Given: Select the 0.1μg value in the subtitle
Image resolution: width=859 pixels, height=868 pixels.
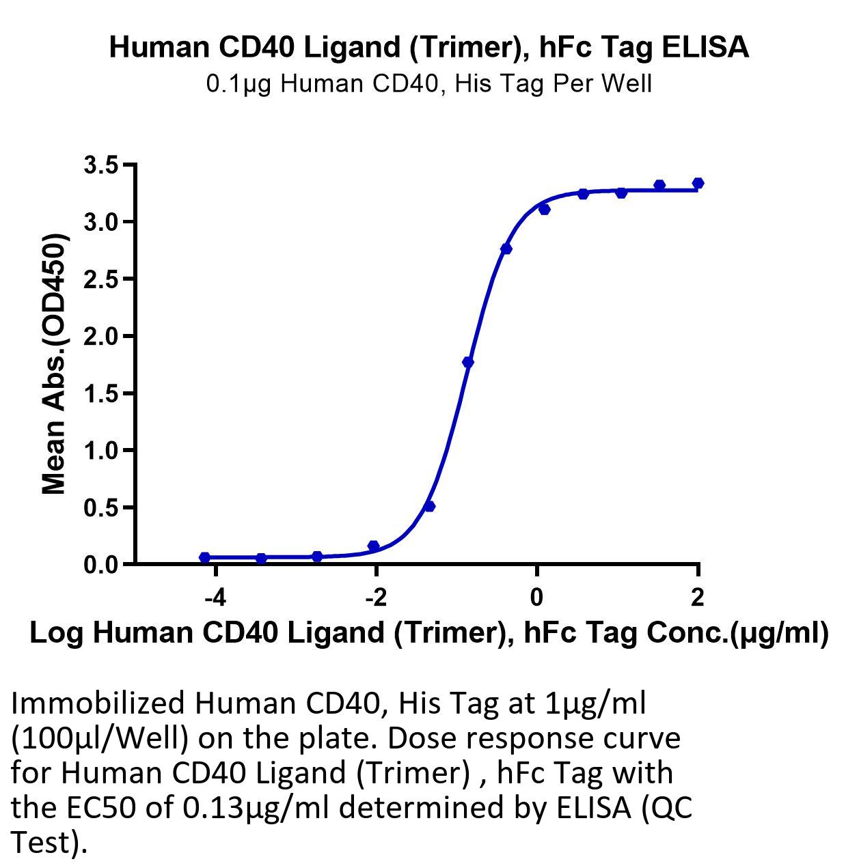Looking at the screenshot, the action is coord(238,84).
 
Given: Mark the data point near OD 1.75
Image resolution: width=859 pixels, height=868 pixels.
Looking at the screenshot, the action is coord(468,362).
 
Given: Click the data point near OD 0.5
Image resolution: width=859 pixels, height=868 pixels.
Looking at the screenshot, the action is coord(430,506).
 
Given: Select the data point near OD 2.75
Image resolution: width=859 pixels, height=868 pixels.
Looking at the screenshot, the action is coord(506,249).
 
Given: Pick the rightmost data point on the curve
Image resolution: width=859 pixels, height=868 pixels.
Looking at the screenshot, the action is coord(698,183).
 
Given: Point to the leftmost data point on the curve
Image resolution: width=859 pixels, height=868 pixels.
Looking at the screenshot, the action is coord(205,557).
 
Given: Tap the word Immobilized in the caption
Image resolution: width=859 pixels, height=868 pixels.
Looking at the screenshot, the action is coord(98,703).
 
